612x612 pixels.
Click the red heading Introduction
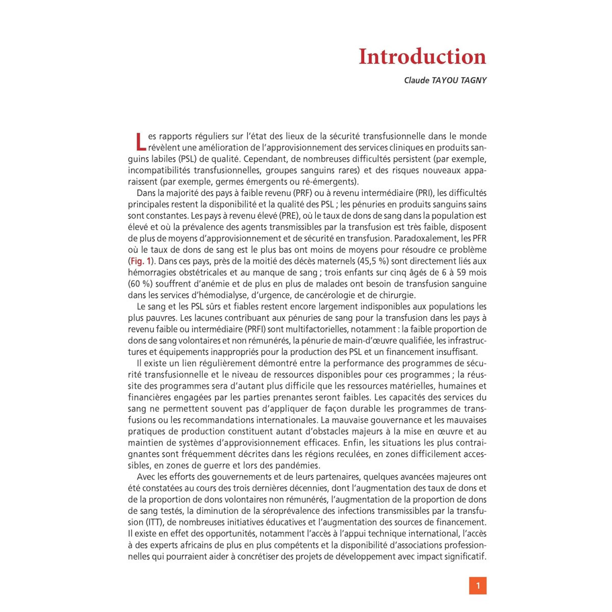click(422, 57)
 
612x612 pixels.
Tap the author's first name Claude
click(417, 80)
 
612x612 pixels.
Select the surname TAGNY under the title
click(473, 80)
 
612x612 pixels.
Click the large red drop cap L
click(141, 141)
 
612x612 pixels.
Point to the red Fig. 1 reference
click(141, 261)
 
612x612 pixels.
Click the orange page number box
click(478, 585)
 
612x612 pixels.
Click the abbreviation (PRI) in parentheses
click(419, 193)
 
